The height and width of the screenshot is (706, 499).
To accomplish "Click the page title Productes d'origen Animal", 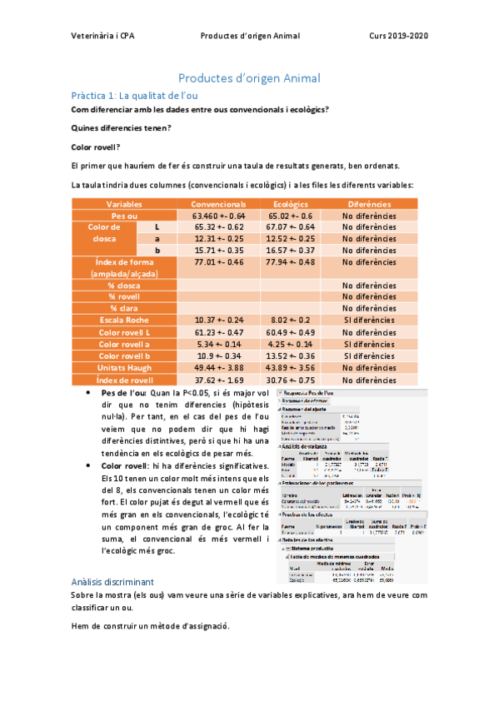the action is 249,78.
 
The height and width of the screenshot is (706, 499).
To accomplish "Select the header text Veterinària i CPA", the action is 104,37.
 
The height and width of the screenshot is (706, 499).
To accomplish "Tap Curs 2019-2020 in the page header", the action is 399,37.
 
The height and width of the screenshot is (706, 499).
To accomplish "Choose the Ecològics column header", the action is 291,204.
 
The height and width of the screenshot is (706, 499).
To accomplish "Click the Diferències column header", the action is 370,204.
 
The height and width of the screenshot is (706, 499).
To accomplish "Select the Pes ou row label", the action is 124,216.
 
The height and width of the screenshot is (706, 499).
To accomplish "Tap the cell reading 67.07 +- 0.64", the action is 291,226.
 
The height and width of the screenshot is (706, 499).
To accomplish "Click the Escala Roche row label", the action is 124,320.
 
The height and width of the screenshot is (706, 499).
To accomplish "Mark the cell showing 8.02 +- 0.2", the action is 291,320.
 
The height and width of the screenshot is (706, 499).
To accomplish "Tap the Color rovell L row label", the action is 124,332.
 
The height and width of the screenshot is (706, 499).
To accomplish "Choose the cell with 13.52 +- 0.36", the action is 291,355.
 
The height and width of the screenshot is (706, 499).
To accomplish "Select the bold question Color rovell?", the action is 96,146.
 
